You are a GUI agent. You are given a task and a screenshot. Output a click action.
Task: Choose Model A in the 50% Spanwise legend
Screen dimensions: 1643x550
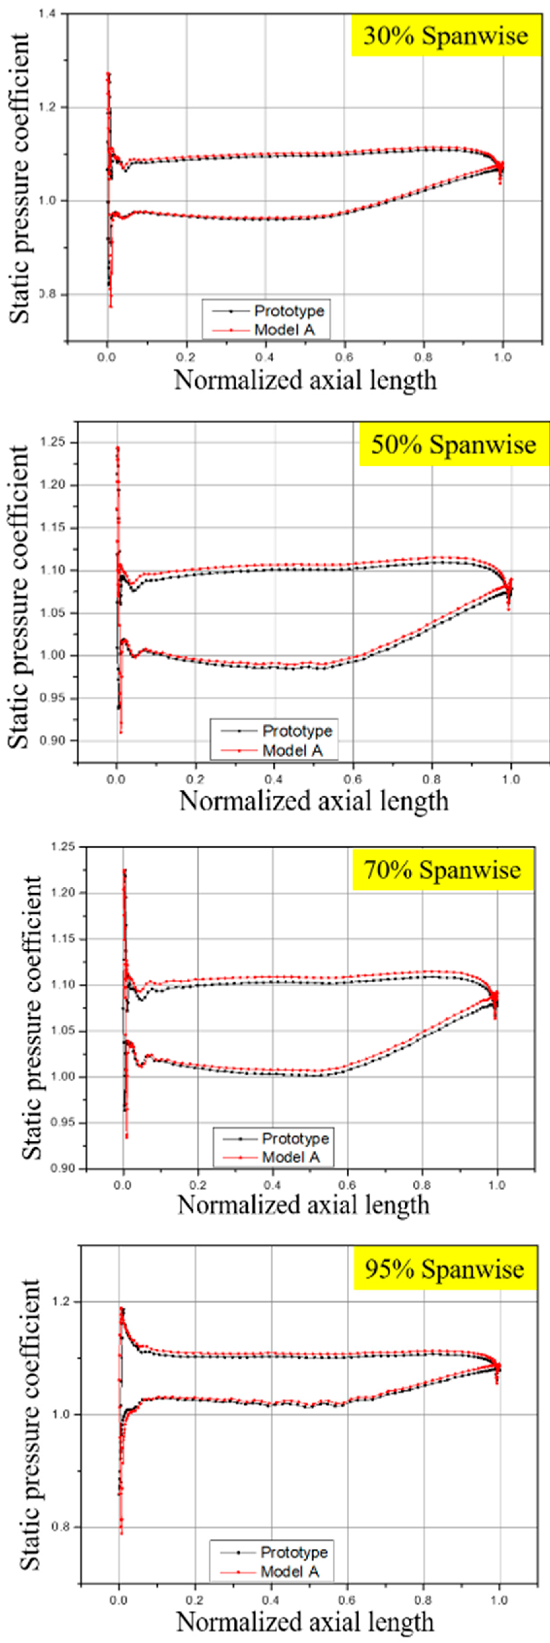pyautogui.click(x=292, y=751)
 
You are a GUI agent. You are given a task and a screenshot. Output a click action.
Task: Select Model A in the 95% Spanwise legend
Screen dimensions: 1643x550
pyautogui.click(x=289, y=1572)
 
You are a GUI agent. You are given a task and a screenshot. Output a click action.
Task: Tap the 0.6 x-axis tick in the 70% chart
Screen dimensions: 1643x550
pyautogui.click(x=348, y=1185)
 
